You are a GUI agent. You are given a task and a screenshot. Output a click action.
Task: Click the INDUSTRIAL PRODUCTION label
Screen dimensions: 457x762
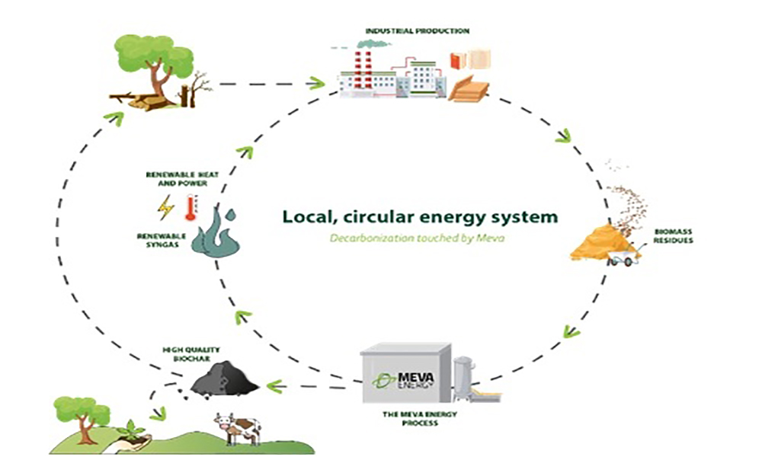click(417, 31)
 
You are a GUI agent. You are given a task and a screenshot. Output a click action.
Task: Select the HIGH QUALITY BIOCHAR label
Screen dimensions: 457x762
click(185, 354)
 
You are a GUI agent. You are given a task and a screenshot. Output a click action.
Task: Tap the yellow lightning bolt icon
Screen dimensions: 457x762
click(165, 207)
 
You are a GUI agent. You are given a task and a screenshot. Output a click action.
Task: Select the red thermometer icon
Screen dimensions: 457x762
click(190, 207)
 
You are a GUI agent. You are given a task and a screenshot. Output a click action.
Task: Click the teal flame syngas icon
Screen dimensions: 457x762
click(216, 232)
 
